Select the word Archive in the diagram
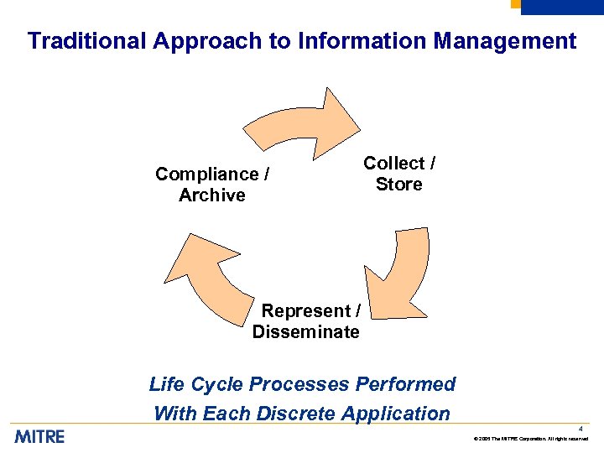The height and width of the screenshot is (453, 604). pyautogui.click(x=212, y=195)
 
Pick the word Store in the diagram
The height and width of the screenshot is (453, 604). pyautogui.click(x=399, y=185)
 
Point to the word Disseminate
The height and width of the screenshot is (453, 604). pyautogui.click(x=306, y=332)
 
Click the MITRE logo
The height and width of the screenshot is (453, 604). pyautogui.click(x=39, y=436)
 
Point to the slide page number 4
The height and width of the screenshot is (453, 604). pyautogui.click(x=580, y=429)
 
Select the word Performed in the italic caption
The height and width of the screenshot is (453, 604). pyautogui.click(x=405, y=384)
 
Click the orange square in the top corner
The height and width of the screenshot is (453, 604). pyautogui.click(x=516, y=3)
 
